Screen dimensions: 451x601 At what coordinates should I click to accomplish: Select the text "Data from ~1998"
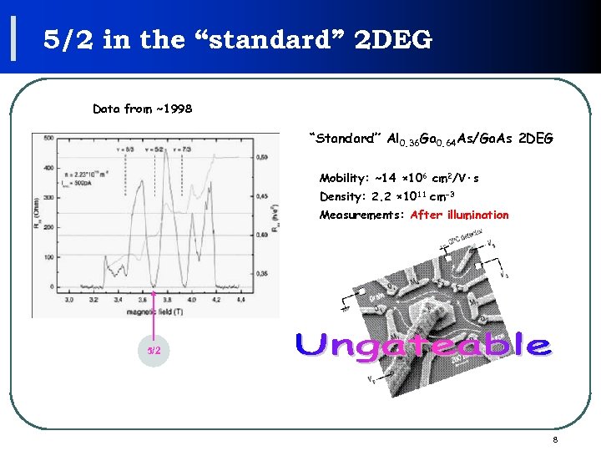click(x=143, y=109)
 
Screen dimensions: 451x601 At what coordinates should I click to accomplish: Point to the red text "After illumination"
click(x=460, y=215)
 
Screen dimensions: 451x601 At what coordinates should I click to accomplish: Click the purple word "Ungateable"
click(x=422, y=345)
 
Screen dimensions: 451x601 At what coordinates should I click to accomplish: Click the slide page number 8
click(x=554, y=439)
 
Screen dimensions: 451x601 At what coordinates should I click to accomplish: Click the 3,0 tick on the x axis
click(x=70, y=297)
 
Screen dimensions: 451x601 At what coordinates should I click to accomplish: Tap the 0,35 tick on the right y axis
click(x=262, y=272)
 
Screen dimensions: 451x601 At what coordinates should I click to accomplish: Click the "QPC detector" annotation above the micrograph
click(x=471, y=243)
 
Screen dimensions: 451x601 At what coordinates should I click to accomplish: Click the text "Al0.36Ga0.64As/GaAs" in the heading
click(x=450, y=139)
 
